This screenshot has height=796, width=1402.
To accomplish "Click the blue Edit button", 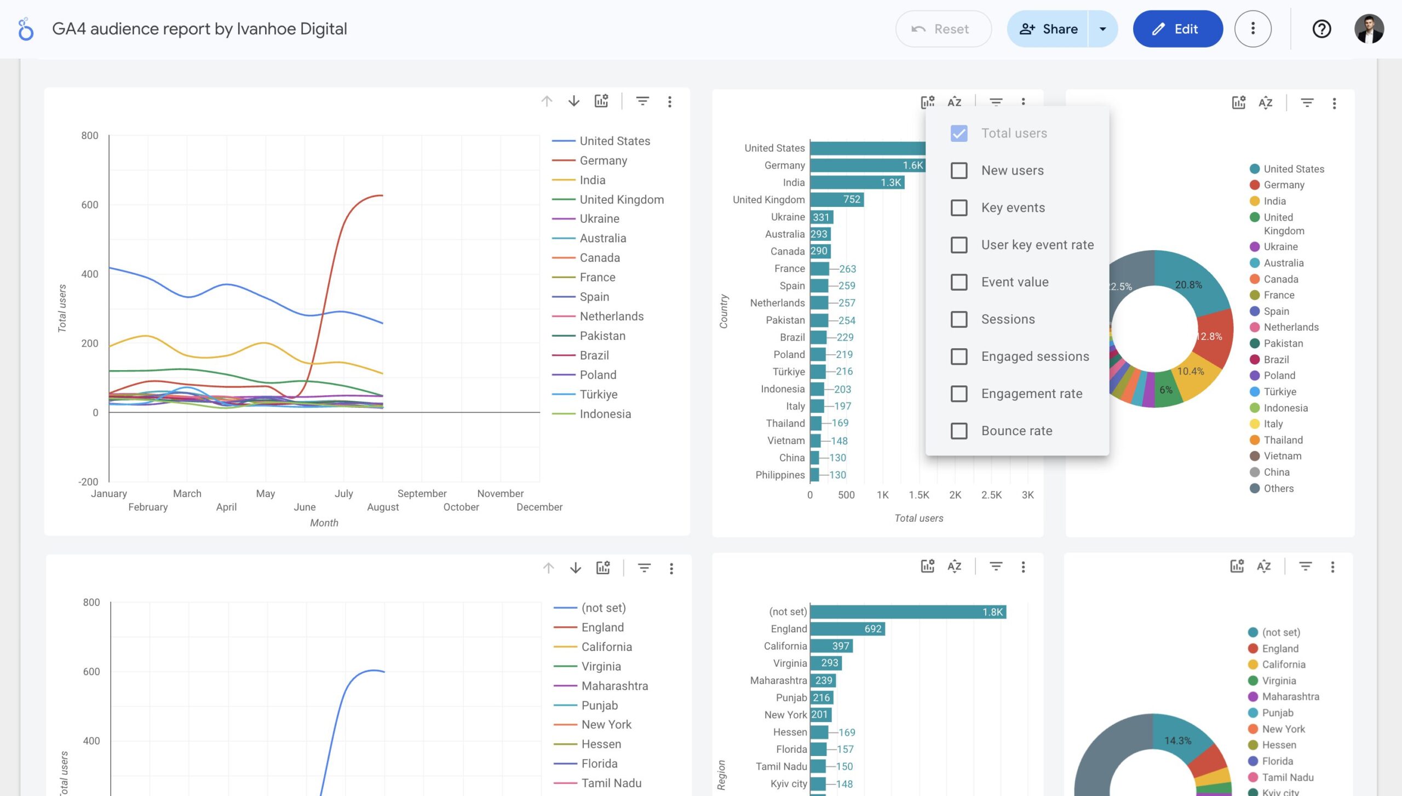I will coord(1177,29).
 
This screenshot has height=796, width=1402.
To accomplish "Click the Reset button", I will coord(943,29).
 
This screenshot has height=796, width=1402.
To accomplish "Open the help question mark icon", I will coord(1321,29).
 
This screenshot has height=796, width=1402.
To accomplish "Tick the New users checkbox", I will coord(959,170).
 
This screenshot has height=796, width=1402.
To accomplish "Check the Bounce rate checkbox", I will coord(959,431).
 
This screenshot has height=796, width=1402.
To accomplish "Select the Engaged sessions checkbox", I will coord(959,356).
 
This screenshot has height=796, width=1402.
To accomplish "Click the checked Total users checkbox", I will coord(959,133).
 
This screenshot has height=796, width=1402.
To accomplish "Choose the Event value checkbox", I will coord(959,282).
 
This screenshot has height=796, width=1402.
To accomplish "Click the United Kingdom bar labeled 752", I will coord(836,199).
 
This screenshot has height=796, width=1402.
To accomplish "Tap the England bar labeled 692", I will coord(847,629).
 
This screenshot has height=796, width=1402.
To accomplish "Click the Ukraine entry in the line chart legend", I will coord(599,218).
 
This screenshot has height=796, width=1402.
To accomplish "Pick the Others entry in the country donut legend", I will coord(1278,488).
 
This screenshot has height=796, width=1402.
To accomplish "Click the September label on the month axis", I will coord(422,493).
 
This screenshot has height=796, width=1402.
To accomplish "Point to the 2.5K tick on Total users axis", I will coord(991,495).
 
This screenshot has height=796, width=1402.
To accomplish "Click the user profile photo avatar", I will coord(1369,29).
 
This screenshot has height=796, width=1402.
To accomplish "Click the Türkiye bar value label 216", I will coord(844,371).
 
